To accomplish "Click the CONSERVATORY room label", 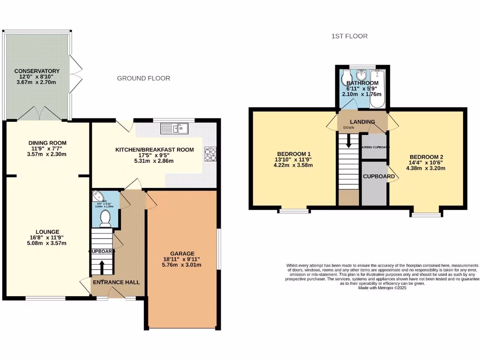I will click(37, 71).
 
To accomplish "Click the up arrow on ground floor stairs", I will click(101, 267).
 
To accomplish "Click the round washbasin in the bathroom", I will click(361, 75).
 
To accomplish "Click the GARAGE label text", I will click(182, 254).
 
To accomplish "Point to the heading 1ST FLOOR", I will click(349, 36).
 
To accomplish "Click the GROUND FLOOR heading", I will click(143, 78).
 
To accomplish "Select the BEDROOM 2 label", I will click(426, 157).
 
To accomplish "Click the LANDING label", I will click(363, 122).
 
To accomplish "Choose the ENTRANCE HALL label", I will click(116, 282).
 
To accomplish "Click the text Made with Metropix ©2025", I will click(382, 288).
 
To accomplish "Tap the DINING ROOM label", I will click(47, 143).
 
